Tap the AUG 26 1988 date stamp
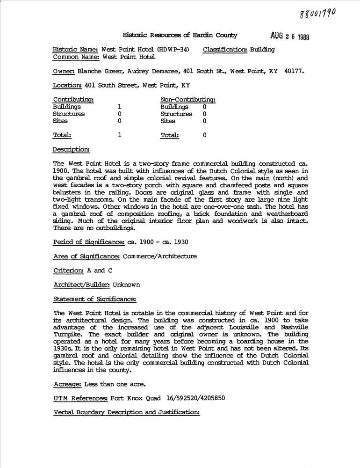point(290,37)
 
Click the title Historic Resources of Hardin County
point(180,35)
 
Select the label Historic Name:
point(76,50)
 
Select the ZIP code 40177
point(294,71)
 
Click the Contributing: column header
point(73,100)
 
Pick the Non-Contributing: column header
point(188,100)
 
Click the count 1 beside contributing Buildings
point(120,107)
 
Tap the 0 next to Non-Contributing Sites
point(204,121)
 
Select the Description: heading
point(72,149)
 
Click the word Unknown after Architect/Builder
point(126,285)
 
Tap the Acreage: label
point(68,384)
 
